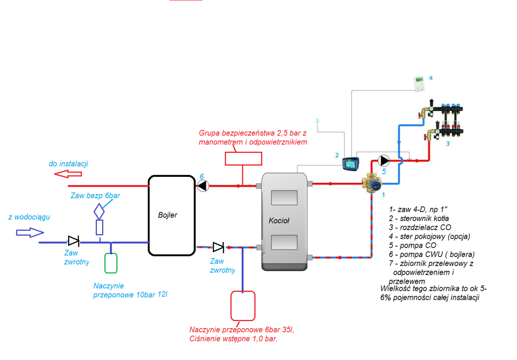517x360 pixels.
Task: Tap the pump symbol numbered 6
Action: (x=202, y=186)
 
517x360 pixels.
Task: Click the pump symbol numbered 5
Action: (x=384, y=160)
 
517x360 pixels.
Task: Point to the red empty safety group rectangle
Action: (x=243, y=158)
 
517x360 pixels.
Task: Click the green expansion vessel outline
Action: (x=111, y=263)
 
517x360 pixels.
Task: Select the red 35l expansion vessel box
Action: (x=243, y=306)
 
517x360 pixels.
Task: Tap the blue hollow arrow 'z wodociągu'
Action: (x=30, y=232)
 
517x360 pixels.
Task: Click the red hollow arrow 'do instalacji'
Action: (x=68, y=174)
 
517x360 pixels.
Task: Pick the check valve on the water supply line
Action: (x=73, y=241)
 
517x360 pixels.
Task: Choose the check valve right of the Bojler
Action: (x=218, y=247)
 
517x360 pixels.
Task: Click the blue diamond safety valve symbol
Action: (x=99, y=211)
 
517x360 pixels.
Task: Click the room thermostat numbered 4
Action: (x=418, y=83)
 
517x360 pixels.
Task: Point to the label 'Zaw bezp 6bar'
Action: (x=95, y=195)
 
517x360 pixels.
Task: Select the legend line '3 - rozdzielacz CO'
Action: (x=420, y=227)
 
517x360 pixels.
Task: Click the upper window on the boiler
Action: (x=284, y=197)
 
